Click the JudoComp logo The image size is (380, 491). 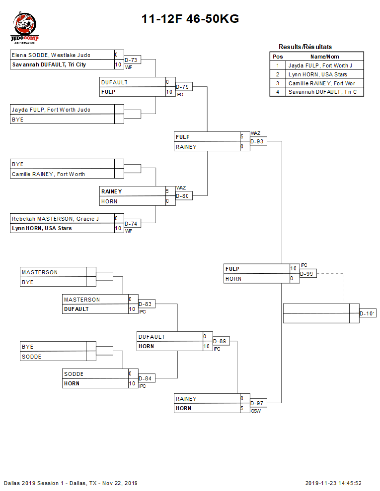[25, 29]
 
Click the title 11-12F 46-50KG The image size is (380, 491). [190, 19]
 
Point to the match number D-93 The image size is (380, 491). [257, 141]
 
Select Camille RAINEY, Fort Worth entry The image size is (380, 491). [48, 174]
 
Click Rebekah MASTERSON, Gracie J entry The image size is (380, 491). [55, 219]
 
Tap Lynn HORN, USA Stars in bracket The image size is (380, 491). [42, 228]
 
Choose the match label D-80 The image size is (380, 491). [183, 196]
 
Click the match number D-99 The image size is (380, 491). [307, 273]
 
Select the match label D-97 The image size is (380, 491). [257, 403]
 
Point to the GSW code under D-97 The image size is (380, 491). [255, 411]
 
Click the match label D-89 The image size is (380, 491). [221, 341]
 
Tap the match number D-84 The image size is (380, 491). [146, 379]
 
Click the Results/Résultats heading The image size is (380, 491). [305, 47]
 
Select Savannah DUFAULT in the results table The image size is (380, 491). [322, 92]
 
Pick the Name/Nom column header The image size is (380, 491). [324, 57]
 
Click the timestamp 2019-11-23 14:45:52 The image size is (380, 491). [333, 483]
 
